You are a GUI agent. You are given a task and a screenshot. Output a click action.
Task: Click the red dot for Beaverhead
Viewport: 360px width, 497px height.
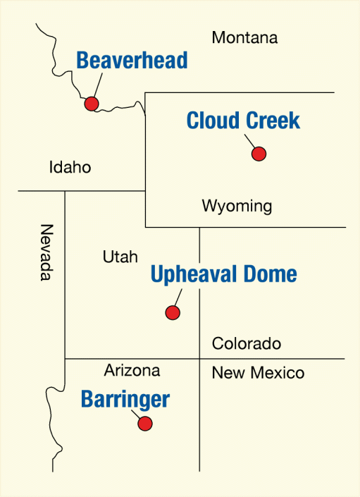pos(91,104)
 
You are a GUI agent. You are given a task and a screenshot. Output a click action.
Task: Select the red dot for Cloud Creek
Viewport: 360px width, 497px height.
pos(259,154)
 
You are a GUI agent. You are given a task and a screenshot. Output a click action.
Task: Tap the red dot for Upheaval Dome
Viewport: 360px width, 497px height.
pos(172,312)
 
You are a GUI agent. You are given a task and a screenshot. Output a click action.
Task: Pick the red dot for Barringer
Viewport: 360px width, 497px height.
pos(145,424)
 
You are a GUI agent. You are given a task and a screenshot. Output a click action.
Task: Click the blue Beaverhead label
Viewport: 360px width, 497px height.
pos(132,61)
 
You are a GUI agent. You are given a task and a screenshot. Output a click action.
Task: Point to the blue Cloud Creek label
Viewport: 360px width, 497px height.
pos(243,121)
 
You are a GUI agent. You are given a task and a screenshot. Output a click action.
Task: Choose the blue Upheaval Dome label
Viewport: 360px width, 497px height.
pos(223,274)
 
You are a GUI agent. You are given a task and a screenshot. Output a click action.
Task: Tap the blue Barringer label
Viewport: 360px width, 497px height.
pos(125,400)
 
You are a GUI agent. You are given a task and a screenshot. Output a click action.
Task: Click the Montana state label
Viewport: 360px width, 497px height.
pos(245,37)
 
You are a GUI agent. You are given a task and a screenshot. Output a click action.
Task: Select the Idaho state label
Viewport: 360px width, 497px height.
pos(70,168)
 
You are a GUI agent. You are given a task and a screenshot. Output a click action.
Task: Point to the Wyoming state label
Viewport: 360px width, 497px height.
pos(237,206)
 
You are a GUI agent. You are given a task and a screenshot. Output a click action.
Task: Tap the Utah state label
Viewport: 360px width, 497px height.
pos(120,257)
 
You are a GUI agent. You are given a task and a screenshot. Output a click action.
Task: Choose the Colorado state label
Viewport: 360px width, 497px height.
pos(247,344)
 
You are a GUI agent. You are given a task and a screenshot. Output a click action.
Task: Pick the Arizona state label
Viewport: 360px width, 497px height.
pos(132,370)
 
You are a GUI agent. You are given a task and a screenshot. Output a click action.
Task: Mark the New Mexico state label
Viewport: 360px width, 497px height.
pos(258,373)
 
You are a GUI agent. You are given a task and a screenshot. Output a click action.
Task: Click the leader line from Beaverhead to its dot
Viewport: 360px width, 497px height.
pos(97,86)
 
